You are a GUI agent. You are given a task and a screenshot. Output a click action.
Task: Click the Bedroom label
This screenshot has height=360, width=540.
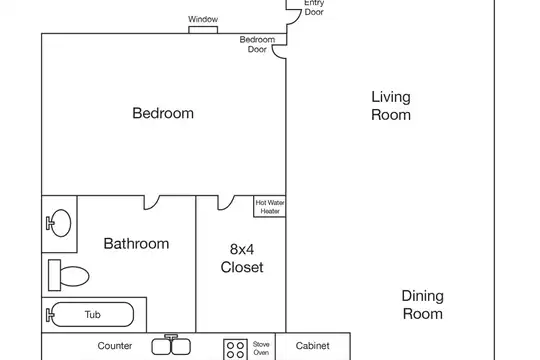[163, 113]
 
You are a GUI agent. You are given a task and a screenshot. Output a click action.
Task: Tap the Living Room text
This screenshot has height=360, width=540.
[391, 106]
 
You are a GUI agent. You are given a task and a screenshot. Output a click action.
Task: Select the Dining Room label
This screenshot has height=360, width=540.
[423, 305]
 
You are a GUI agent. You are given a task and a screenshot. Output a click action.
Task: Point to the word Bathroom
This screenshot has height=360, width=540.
[136, 244]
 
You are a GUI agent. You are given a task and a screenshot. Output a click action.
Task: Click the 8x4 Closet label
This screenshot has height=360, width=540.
[242, 258]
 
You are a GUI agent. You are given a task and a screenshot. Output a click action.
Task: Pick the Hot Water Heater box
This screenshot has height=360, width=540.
[270, 206]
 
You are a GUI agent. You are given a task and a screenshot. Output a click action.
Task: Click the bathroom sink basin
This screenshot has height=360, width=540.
[59, 223]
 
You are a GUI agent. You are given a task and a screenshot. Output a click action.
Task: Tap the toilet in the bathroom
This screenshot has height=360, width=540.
[69, 275]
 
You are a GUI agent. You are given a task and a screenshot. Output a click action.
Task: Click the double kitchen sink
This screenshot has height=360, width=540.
[171, 346]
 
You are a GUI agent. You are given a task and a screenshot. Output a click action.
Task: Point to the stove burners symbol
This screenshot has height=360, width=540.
[236, 349]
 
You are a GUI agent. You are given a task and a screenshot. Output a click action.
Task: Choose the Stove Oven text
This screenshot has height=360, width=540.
[261, 348]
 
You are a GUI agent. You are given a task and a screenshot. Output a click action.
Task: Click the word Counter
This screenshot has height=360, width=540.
[115, 346]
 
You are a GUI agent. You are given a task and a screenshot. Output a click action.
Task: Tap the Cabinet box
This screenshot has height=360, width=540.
[313, 346]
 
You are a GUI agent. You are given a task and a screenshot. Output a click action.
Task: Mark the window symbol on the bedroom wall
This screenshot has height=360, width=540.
[203, 30]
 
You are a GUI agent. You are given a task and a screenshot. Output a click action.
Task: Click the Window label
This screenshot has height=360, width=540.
[203, 19]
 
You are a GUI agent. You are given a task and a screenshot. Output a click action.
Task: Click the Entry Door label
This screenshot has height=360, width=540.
[314, 8]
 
